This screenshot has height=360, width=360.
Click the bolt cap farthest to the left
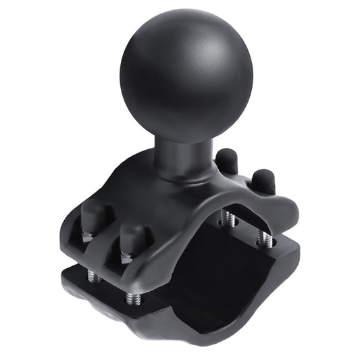93,217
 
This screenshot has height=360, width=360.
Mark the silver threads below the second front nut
130,297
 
